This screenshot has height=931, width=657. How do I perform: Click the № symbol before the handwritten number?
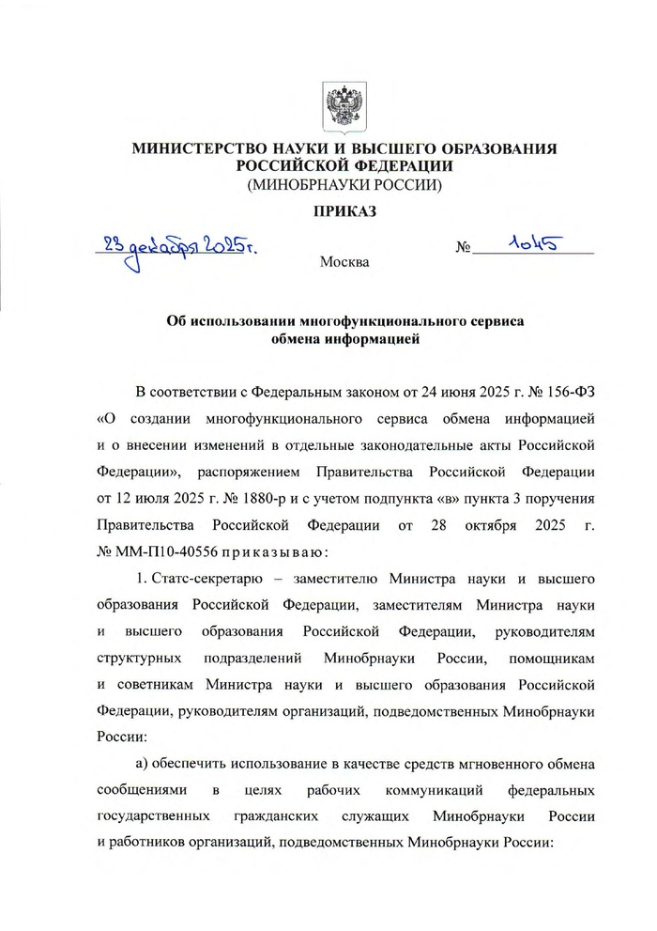point(462,249)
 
